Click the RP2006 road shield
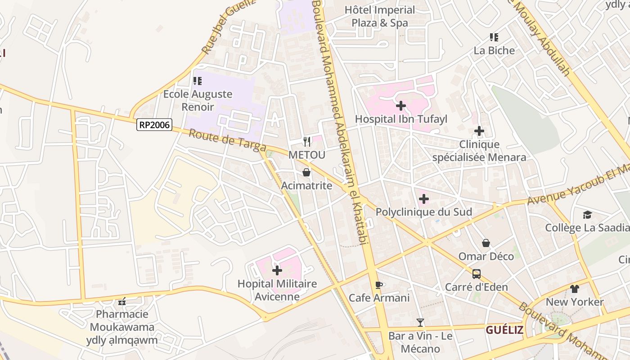(154, 125)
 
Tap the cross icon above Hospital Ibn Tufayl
(400, 106)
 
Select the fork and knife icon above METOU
(307, 142)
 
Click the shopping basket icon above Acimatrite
(306, 172)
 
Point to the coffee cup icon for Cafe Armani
(379, 285)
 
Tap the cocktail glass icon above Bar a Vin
(420, 322)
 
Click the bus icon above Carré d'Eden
(476, 274)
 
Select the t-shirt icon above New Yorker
(575, 288)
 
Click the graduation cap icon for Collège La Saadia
(587, 215)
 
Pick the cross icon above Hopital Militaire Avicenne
(277, 270)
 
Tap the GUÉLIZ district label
(504, 330)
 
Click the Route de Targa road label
(227, 141)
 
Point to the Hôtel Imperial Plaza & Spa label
(380, 16)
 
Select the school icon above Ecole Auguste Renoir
(197, 81)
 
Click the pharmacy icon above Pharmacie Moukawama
(121, 301)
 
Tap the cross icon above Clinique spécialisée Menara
(479, 131)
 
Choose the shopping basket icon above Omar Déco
(486, 243)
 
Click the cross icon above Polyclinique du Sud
(423, 198)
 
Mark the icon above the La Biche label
(494, 37)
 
